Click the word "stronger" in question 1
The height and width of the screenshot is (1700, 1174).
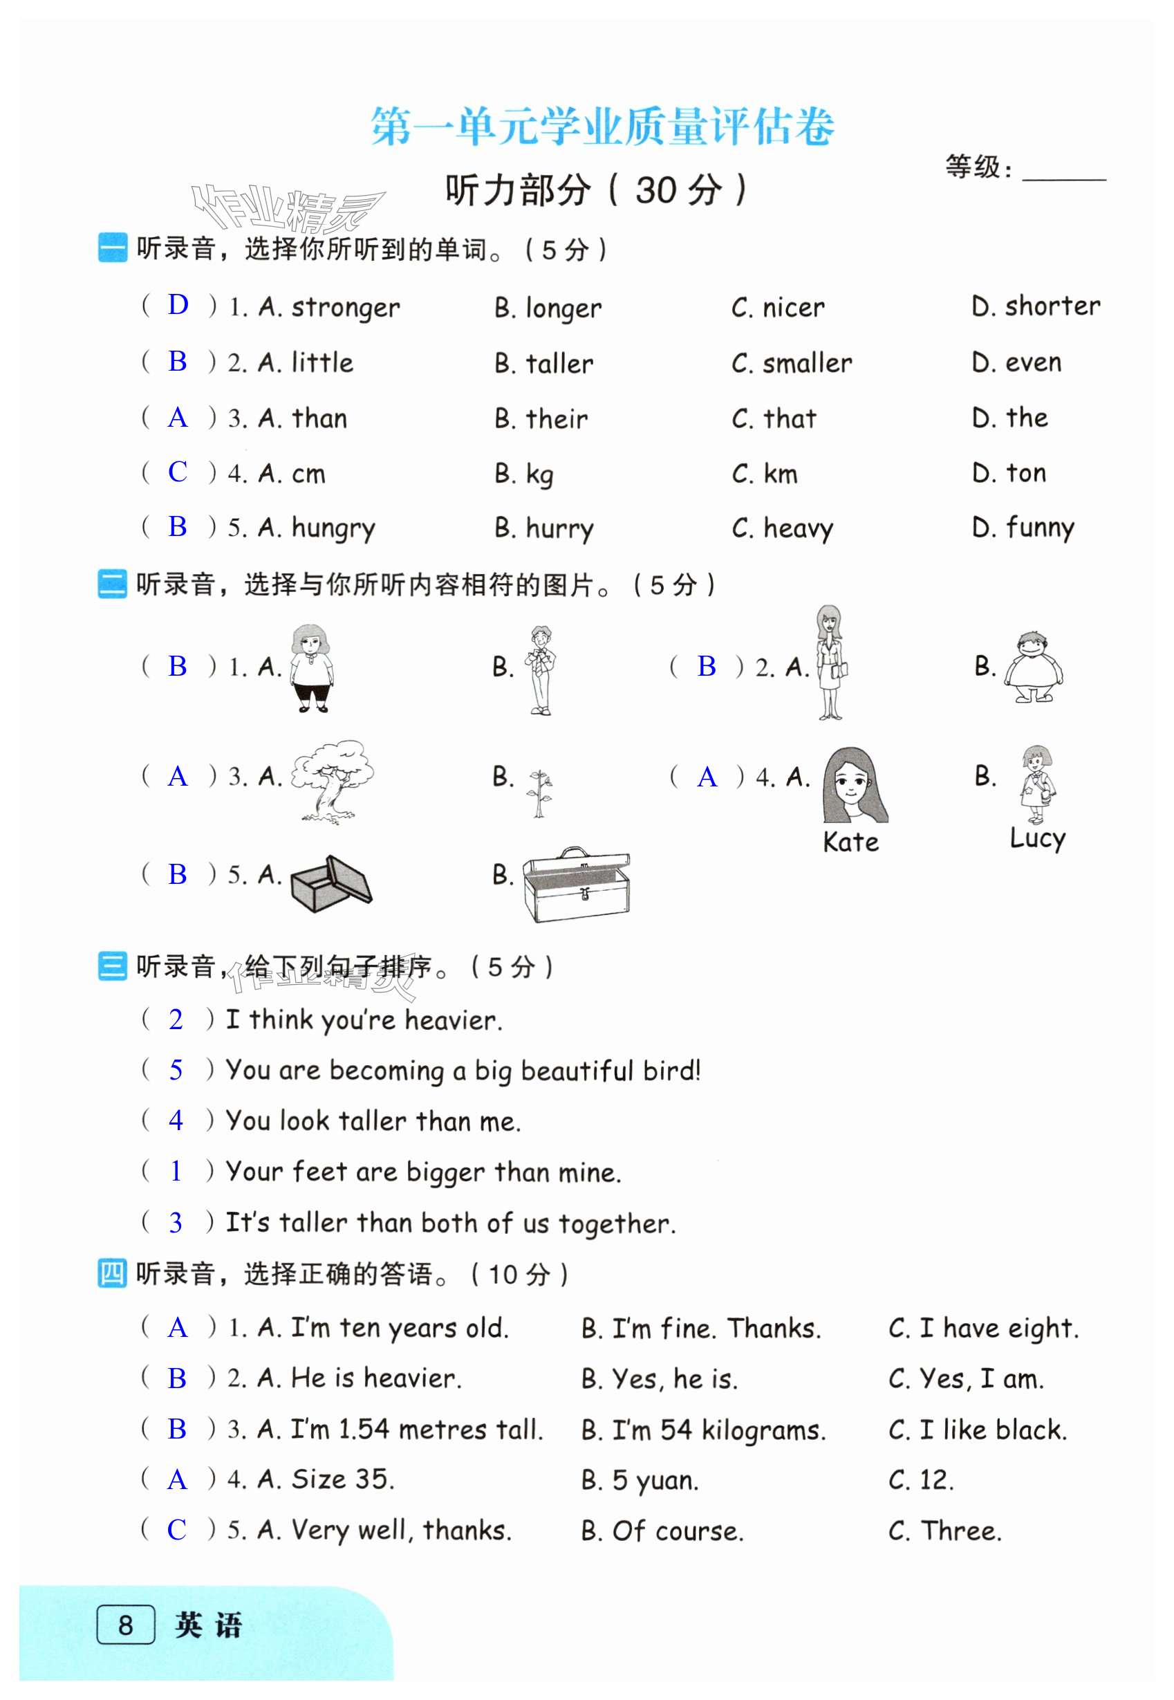[345, 308]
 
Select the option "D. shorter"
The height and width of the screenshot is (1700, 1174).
[1035, 306]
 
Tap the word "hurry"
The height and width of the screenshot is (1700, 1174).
[559, 528]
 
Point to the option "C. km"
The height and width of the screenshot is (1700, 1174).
[764, 474]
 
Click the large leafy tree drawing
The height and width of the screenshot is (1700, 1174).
[332, 780]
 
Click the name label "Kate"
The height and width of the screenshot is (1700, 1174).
[850, 842]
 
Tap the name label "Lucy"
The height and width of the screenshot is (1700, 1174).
[1037, 838]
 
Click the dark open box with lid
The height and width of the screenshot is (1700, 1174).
[330, 883]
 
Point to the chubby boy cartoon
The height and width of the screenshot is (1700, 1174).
[1034, 667]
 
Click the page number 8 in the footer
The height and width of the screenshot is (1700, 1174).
[126, 1624]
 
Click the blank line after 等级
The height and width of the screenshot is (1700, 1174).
[1063, 175]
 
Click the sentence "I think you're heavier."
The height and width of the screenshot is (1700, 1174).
[364, 1019]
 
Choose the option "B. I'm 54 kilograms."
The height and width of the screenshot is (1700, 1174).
[703, 1430]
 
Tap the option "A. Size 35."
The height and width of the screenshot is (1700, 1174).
[326, 1479]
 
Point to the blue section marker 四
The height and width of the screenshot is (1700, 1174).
[112, 1273]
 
